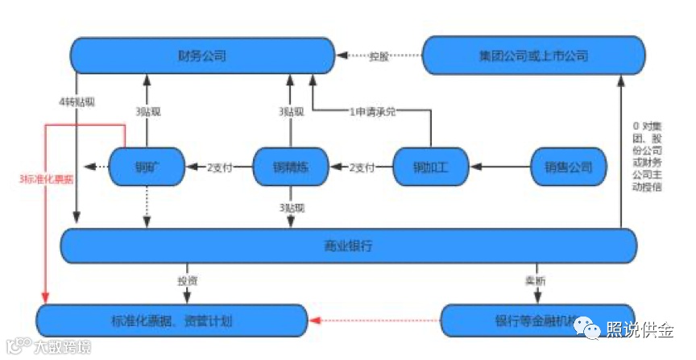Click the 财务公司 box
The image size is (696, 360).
(x=202, y=56)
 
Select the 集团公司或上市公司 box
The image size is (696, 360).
(x=533, y=56)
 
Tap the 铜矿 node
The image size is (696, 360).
(x=145, y=168)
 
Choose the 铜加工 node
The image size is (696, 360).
(x=431, y=168)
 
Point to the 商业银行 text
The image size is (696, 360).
(x=348, y=246)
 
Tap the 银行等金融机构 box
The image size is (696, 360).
(x=536, y=321)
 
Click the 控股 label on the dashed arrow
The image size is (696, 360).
(x=379, y=56)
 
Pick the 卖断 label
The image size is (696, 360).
(x=535, y=281)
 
